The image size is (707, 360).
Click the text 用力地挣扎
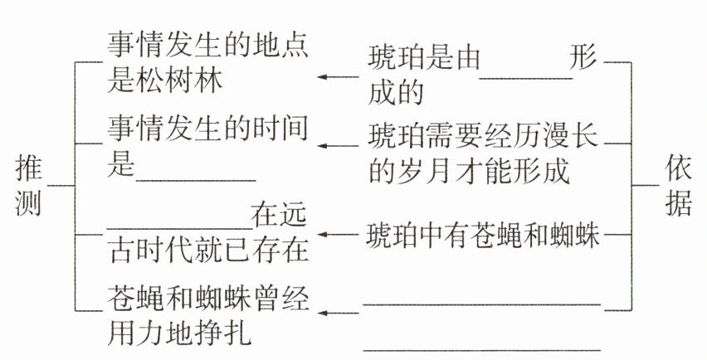click(179, 337)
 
